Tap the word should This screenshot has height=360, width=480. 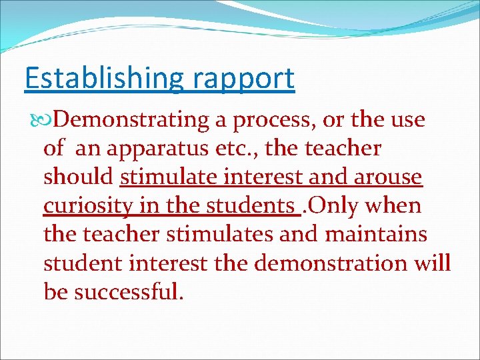(79, 177)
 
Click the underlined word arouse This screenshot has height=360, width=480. (388, 177)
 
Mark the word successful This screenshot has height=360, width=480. (128, 291)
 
